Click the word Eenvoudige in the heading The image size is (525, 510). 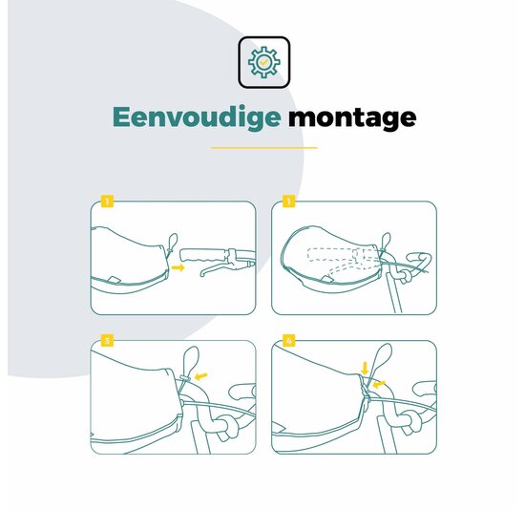(197, 117)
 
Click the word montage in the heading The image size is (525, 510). (352, 117)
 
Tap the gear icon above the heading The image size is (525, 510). (264, 62)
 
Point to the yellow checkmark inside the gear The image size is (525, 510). (264, 62)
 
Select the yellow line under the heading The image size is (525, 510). (264, 147)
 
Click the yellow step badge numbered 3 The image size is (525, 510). (107, 340)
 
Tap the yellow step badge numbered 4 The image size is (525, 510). (289, 340)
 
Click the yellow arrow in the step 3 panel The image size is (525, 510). (200, 376)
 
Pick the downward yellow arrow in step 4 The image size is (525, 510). (365, 368)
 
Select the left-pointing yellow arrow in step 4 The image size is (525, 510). (379, 384)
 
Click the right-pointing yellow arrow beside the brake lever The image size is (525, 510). (178, 267)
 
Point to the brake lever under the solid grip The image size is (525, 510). (225, 268)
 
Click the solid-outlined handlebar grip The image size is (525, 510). (204, 255)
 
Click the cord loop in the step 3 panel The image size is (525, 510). (192, 360)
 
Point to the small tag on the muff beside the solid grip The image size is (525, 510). (114, 279)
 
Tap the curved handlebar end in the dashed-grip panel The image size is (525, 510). (421, 261)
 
